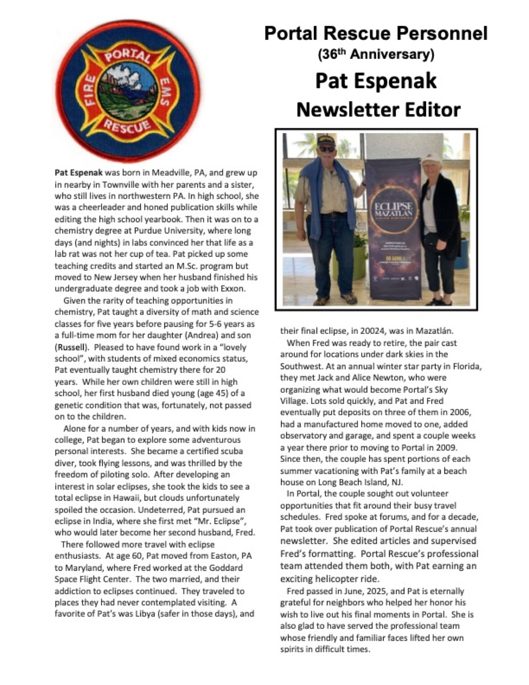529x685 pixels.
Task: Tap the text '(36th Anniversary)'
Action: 376,54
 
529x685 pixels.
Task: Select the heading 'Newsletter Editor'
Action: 378,109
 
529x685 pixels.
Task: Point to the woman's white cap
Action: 431,158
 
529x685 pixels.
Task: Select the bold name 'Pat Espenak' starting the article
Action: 78,173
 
